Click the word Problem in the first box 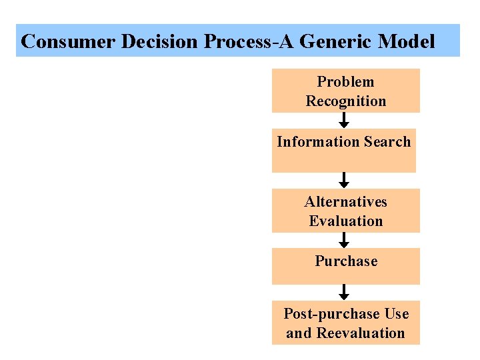(x=345, y=82)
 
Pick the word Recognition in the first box (x=345, y=101)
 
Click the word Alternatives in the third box (x=345, y=202)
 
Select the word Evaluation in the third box (x=345, y=221)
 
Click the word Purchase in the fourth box (x=346, y=261)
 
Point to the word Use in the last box (x=397, y=314)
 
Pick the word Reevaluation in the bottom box (x=360, y=333)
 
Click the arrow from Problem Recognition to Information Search (x=344, y=121)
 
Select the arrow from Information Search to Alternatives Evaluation (x=344, y=180)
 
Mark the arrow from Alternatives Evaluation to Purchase (x=344, y=240)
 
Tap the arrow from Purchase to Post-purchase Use (x=344, y=292)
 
